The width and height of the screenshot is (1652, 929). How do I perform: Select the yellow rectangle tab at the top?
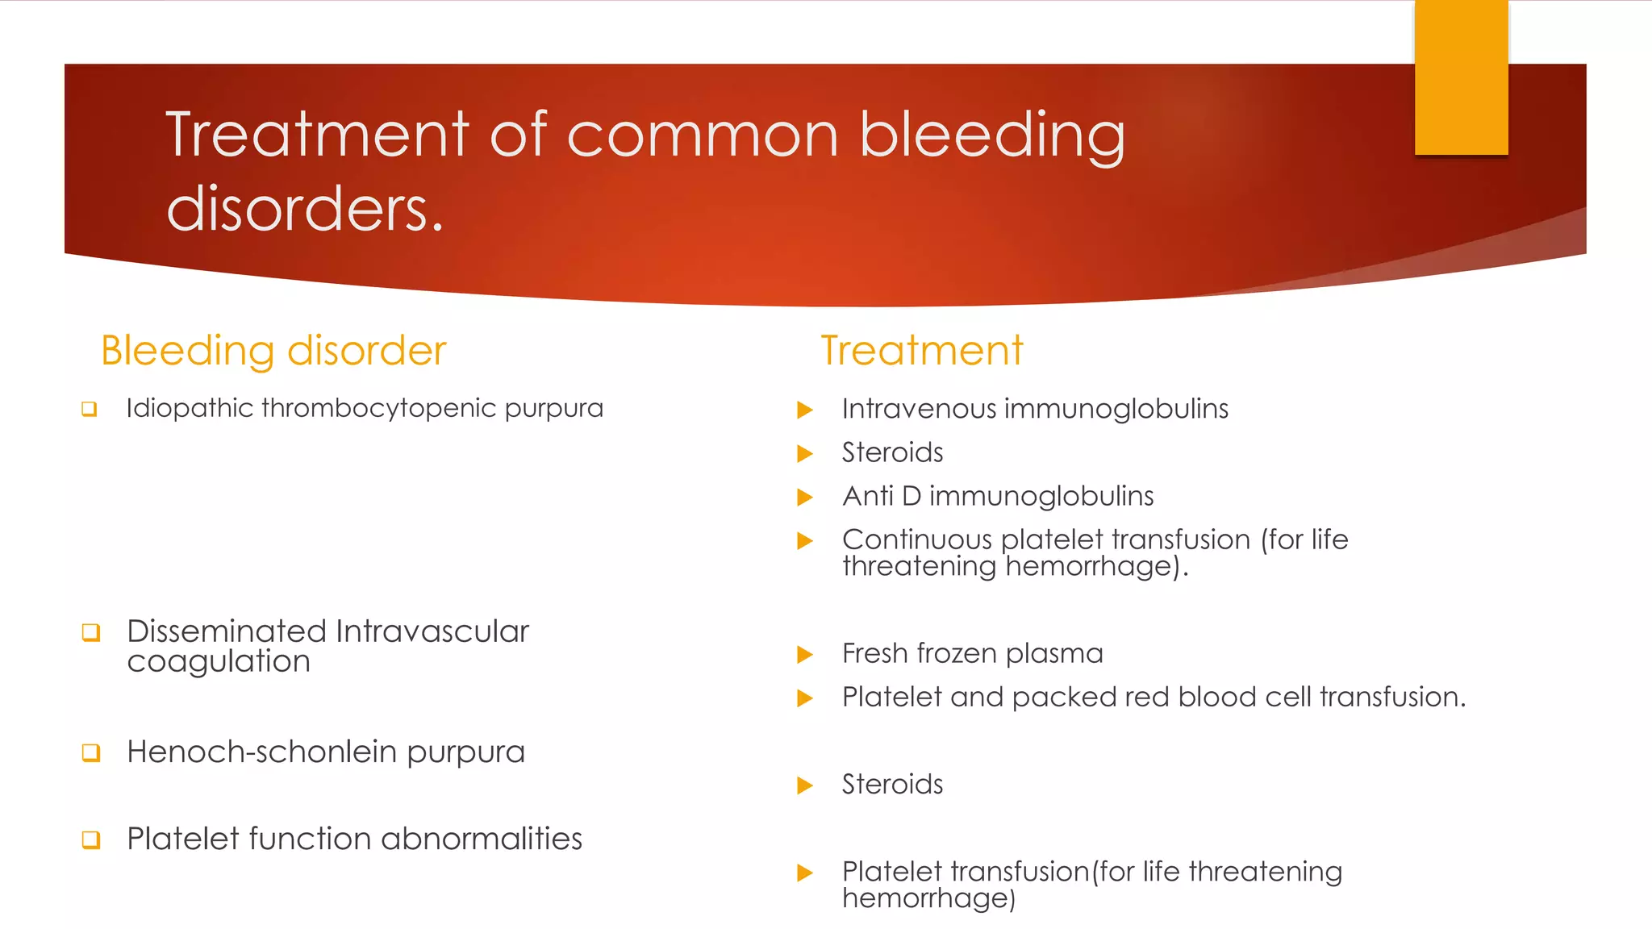pyautogui.click(x=1461, y=77)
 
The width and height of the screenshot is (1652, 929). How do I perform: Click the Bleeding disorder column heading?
pyautogui.click(x=273, y=351)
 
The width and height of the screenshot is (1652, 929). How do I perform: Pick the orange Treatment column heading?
pyautogui.click(x=922, y=351)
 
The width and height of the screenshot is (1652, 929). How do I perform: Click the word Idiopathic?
pyautogui.click(x=190, y=408)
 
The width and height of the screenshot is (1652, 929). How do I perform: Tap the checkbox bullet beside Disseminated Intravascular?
pyautogui.click(x=91, y=632)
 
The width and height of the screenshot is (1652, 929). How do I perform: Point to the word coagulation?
pyautogui.click(x=219, y=662)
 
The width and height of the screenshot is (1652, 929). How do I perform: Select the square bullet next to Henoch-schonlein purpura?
pyautogui.click(x=91, y=753)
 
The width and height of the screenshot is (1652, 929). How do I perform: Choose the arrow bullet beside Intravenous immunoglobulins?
pyautogui.click(x=804, y=410)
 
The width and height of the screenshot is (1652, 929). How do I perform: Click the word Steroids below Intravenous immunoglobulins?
pyautogui.click(x=892, y=452)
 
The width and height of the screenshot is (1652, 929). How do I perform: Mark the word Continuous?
pyautogui.click(x=916, y=539)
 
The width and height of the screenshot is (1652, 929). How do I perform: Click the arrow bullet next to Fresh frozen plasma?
pyautogui.click(x=804, y=654)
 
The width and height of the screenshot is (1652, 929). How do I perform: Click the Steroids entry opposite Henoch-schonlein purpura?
pyautogui.click(x=892, y=784)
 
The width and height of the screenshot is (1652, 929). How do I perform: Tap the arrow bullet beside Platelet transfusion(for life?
pyautogui.click(x=804, y=873)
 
